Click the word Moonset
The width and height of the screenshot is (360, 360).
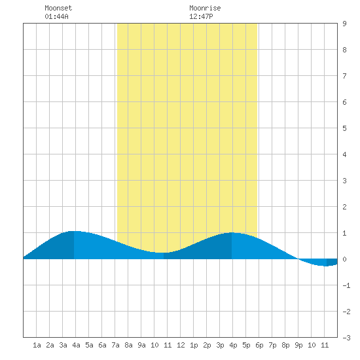tap(58, 8)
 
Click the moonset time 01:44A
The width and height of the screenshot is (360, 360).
tap(56, 16)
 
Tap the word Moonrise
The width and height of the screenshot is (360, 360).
tap(205, 8)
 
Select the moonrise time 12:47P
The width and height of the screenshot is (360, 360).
tap(201, 16)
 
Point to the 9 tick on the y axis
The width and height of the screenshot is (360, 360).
tap(344, 24)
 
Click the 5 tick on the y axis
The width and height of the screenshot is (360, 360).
tap(344, 128)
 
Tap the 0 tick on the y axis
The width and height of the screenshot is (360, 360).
tap(344, 259)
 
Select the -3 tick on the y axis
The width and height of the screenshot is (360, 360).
tap(346, 338)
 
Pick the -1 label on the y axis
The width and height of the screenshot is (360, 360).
tap(346, 285)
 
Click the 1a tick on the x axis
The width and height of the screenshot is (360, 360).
tap(37, 345)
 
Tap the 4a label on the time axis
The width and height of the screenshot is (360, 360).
tap(76, 345)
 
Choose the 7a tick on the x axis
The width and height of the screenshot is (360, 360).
tap(115, 345)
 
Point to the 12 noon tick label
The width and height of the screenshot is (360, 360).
tap(181, 345)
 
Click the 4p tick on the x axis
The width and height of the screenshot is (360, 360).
tap(233, 345)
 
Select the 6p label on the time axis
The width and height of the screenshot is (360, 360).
tap(259, 345)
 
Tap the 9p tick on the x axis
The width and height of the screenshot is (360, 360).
tap(298, 345)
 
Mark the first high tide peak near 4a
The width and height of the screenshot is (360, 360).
tap(74, 231)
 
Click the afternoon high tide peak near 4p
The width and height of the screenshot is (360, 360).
tap(232, 232)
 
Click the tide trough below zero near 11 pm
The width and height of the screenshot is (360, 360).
tap(326, 266)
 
